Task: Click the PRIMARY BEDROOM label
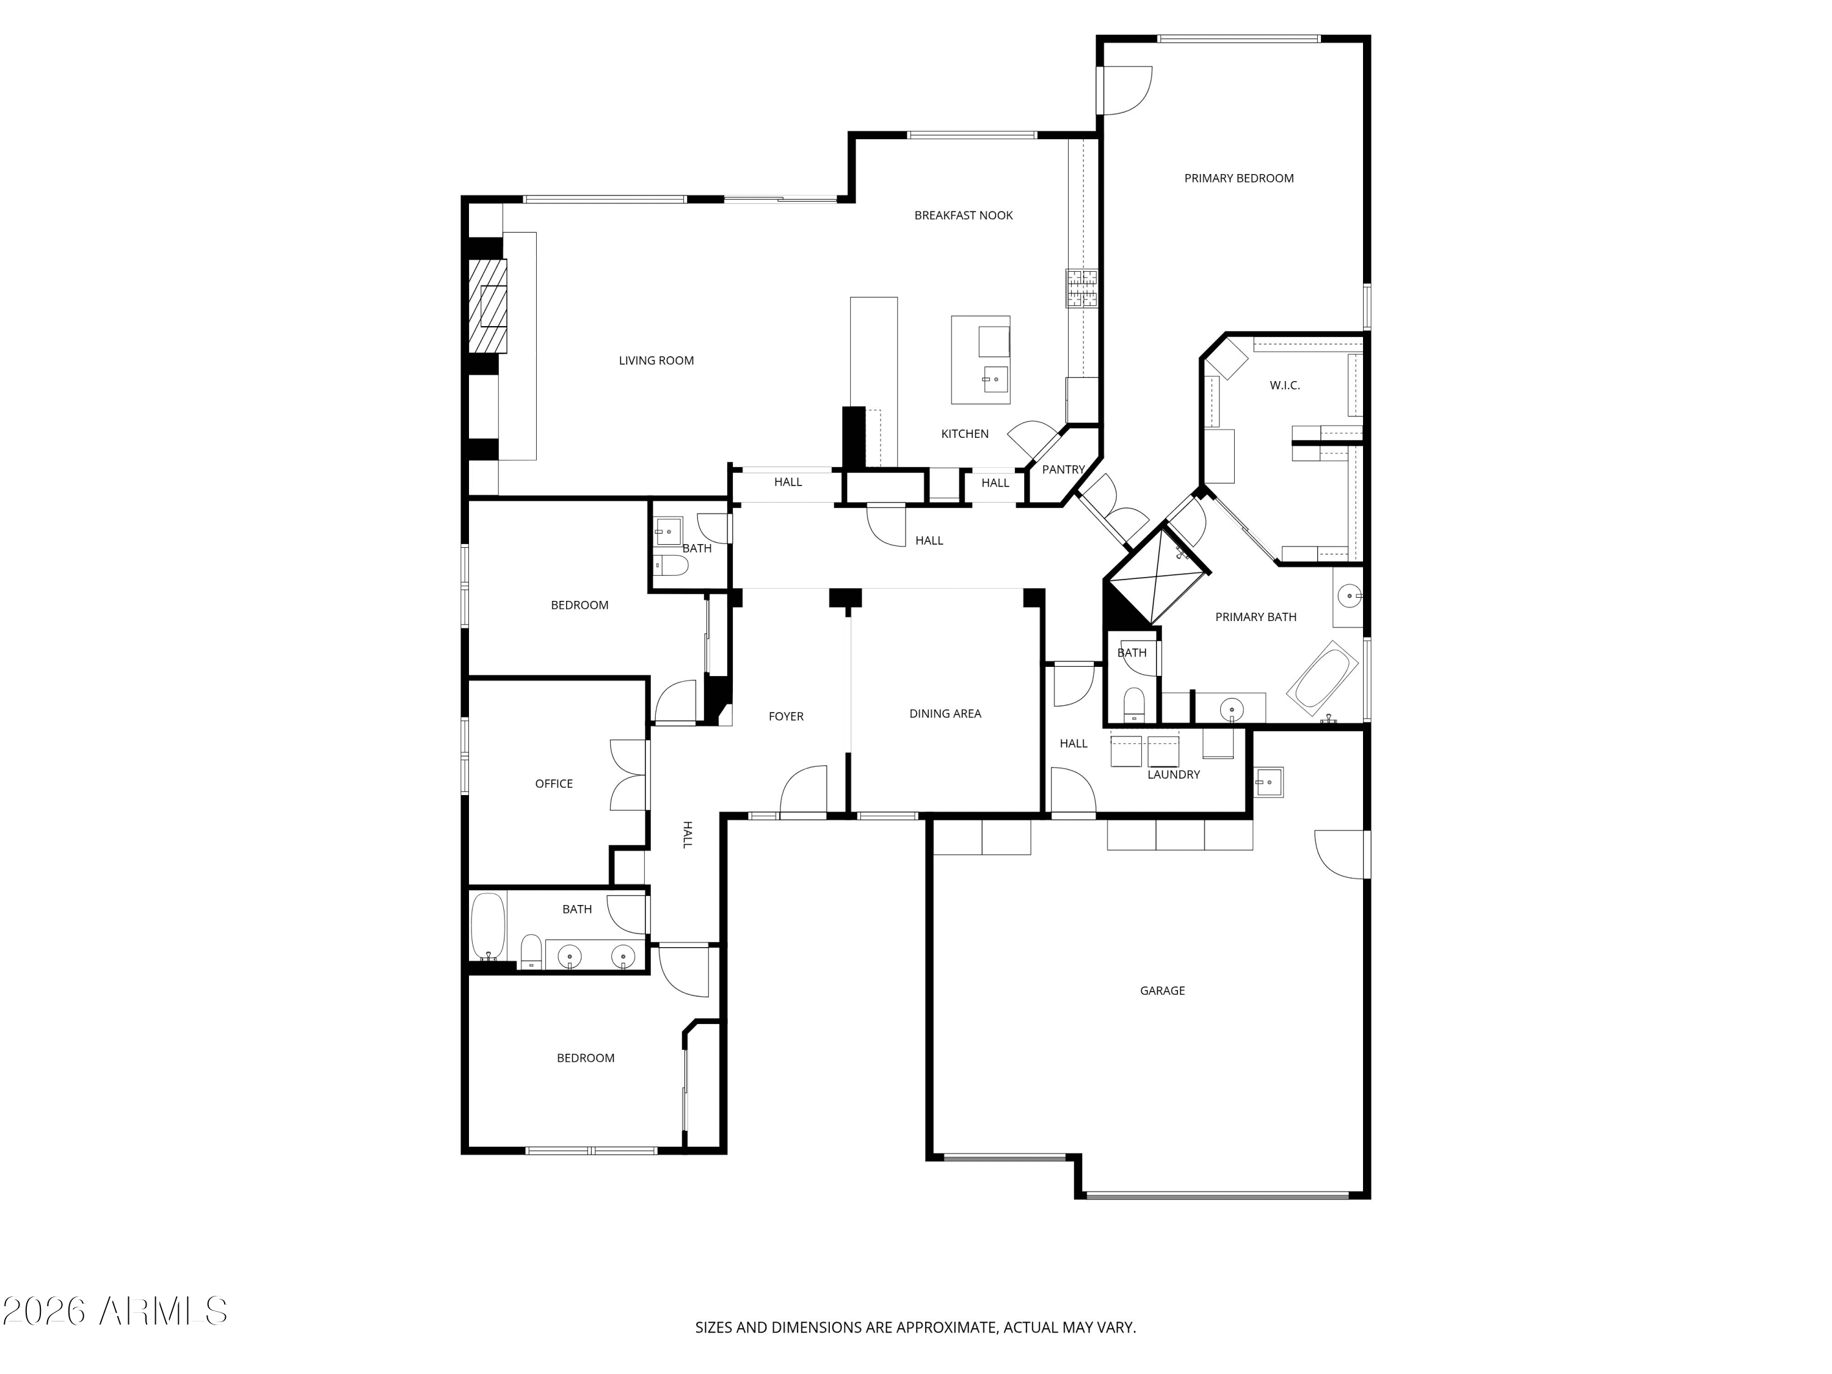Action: [1238, 178]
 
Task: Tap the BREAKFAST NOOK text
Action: [963, 216]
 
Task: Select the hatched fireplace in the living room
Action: [488, 307]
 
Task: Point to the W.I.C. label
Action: [1285, 385]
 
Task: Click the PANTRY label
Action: [1063, 470]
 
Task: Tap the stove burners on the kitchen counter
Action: [1081, 289]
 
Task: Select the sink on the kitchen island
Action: [995, 379]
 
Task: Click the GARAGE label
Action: [1162, 991]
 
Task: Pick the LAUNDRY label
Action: [1172, 774]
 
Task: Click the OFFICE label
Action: [553, 783]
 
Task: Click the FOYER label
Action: [785, 716]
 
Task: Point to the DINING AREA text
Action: [944, 713]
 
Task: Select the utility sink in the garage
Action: [1268, 782]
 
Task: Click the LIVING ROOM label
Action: [656, 360]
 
